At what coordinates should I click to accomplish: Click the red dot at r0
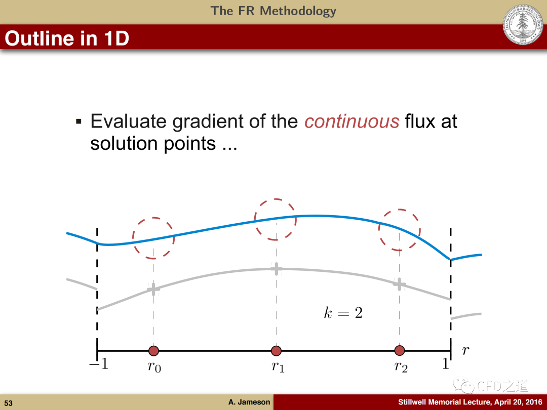(153, 351)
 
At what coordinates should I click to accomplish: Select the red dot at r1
(277, 351)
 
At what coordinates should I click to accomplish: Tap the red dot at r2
(400, 350)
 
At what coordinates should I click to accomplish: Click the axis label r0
(154, 367)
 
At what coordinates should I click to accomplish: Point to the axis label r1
(278, 367)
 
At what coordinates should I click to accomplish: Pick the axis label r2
(401, 367)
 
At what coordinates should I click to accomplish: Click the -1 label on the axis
(99, 364)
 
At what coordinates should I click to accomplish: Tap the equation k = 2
(343, 312)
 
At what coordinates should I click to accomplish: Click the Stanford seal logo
(523, 24)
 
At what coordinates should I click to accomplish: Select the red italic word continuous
(351, 121)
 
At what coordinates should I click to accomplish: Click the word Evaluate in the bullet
(128, 121)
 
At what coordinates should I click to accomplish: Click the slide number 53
(9, 403)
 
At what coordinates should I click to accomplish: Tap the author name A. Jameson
(249, 402)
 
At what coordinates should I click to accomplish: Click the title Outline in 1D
(67, 38)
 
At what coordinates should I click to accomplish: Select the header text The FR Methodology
(273, 11)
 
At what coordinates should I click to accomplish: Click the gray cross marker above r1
(277, 269)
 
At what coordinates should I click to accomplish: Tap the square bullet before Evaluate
(79, 121)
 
